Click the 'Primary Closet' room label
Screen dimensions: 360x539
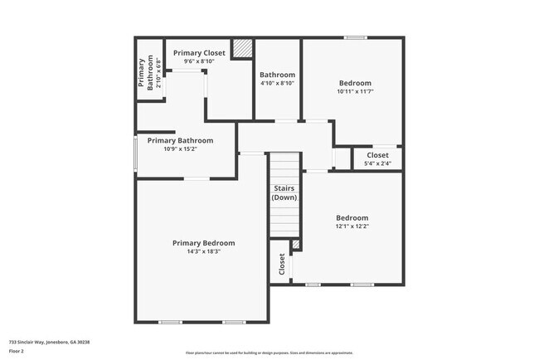199,52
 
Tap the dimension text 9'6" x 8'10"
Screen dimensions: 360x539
199,61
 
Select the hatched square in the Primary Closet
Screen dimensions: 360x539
242,49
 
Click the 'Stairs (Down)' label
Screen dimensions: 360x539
284,193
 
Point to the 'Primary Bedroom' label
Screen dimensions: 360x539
203,243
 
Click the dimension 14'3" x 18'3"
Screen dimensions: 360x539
203,251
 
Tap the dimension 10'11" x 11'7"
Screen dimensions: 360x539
356,91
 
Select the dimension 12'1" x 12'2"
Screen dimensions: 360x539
352,226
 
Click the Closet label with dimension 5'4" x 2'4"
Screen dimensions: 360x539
377,155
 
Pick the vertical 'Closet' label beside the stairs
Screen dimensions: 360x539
282,264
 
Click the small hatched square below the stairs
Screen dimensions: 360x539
295,244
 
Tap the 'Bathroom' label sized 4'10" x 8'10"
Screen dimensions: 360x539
277,75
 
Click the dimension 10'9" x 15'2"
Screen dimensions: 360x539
180,149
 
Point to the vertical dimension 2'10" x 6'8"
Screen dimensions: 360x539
158,71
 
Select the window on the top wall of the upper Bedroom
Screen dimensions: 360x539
356,37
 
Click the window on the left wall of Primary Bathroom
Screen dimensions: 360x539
136,153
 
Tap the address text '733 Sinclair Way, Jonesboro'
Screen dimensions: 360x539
49,341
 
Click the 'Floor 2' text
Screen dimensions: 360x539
17,350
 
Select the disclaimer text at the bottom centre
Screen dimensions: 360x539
269,352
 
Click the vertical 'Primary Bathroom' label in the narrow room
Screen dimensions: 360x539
145,71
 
